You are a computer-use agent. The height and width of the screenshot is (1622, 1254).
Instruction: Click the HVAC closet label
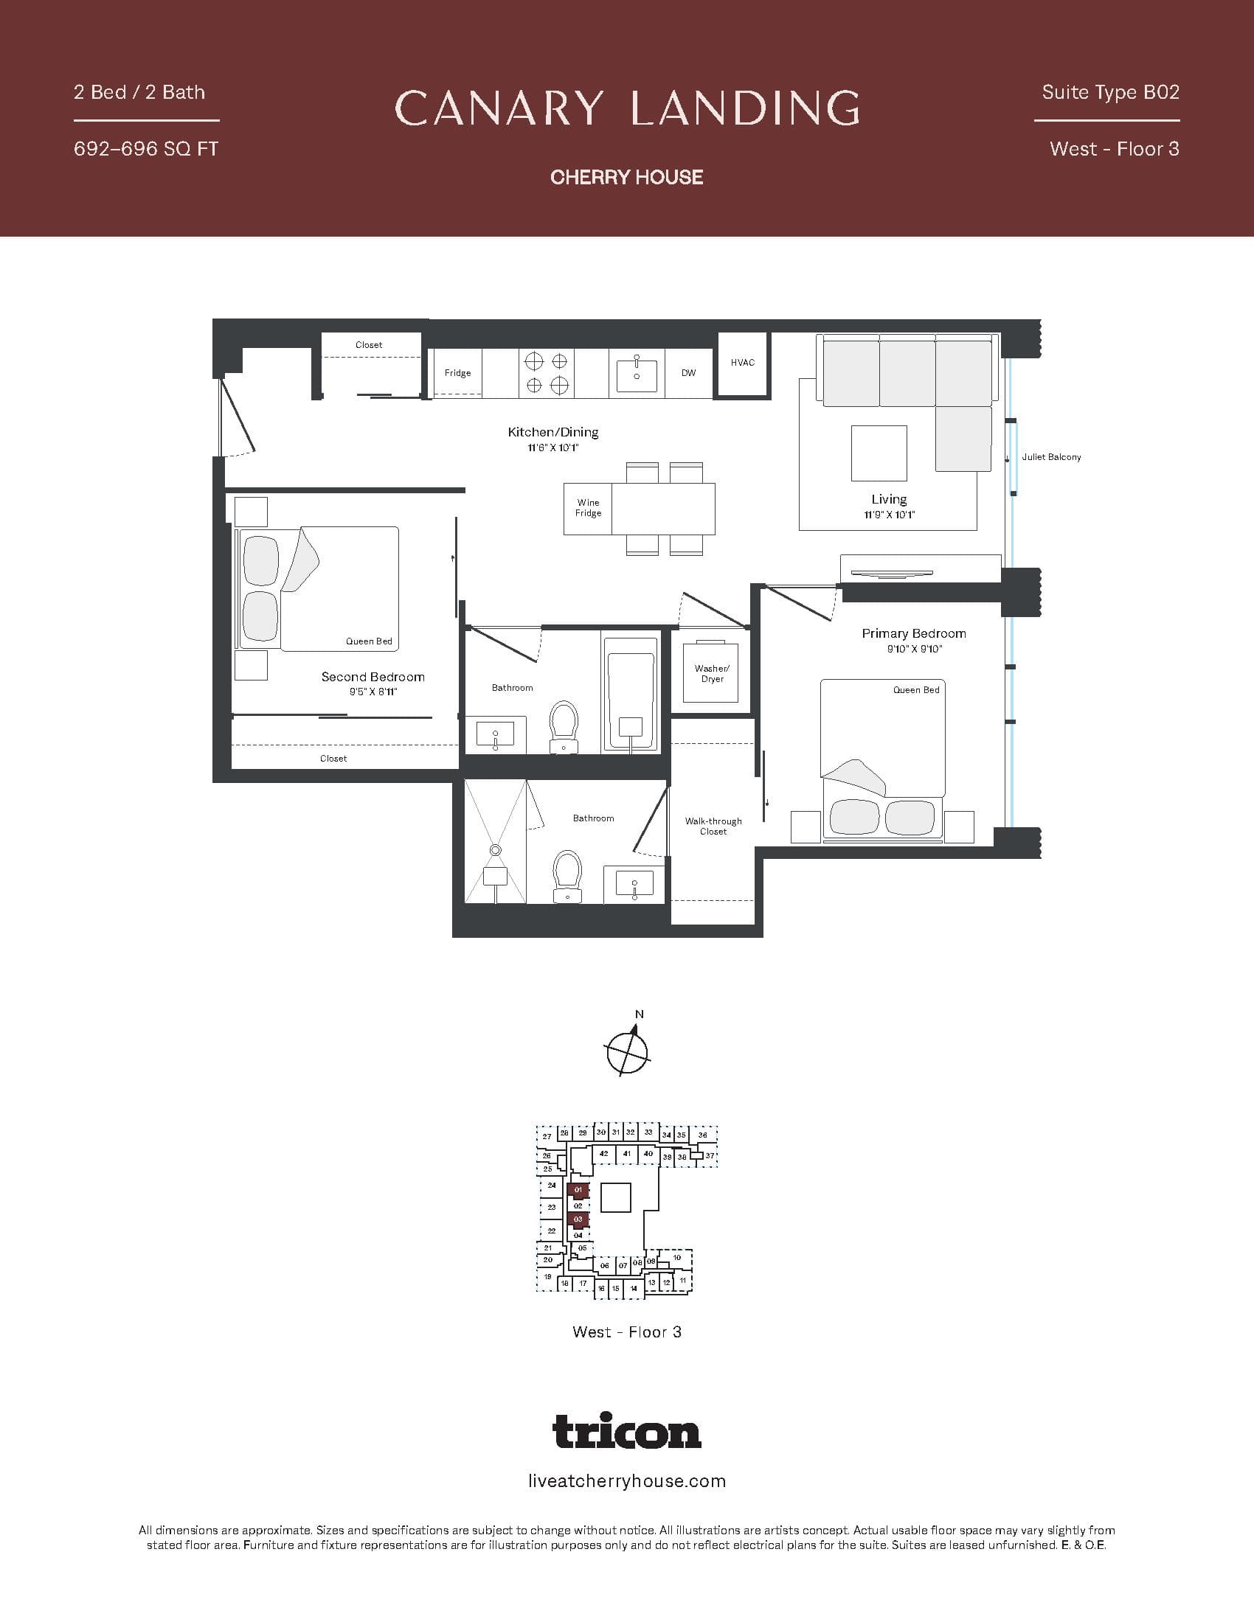[x=742, y=363]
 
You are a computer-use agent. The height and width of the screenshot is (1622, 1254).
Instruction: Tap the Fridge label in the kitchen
[x=457, y=373]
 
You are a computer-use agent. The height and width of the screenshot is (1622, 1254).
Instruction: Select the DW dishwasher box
[x=689, y=373]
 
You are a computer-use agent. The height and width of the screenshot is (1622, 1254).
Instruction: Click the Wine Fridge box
[x=588, y=508]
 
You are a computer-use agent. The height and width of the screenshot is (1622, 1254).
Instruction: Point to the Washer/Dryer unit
[x=712, y=672]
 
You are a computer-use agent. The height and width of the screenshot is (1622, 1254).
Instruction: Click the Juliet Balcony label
[x=1050, y=457]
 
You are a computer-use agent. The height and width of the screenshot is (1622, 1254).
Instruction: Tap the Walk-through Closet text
[x=713, y=826]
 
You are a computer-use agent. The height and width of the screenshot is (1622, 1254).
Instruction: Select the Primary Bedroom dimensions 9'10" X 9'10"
[x=914, y=649]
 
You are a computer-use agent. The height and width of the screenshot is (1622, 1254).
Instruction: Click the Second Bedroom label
[x=373, y=677]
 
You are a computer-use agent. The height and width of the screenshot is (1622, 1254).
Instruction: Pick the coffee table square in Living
[x=879, y=453]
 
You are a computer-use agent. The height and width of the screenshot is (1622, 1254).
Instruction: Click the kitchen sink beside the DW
[x=637, y=376]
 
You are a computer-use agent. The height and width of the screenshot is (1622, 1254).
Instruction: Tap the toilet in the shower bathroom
[x=567, y=877]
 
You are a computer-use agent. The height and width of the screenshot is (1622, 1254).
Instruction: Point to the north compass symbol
[x=628, y=1050]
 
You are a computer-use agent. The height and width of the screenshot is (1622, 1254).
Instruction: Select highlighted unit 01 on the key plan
[x=578, y=1190]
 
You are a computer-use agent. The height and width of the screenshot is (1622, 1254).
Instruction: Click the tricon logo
[x=627, y=1431]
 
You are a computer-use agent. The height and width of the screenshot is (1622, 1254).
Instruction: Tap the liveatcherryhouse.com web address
[x=627, y=1481]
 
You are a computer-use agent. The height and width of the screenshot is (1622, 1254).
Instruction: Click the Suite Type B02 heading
[x=1110, y=92]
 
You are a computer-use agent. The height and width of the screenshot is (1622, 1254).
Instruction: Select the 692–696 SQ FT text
[x=145, y=149]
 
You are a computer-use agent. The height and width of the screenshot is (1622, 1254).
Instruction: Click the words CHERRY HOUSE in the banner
[x=627, y=177]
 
